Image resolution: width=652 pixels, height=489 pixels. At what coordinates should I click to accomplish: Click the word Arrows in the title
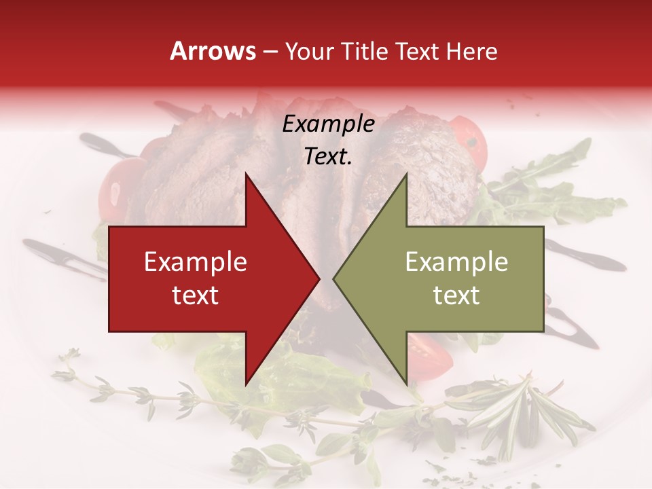point(213,51)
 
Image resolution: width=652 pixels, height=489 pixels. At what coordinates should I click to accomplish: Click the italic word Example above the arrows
point(329,124)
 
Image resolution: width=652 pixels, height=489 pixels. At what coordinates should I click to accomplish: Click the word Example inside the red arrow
point(196,262)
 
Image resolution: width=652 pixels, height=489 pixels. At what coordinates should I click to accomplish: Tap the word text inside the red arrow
point(196,295)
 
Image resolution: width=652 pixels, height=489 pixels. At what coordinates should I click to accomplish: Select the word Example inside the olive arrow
point(456,262)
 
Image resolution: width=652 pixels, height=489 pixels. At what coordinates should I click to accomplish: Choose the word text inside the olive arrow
point(456,295)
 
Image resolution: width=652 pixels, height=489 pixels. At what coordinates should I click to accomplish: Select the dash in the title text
point(270,52)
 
